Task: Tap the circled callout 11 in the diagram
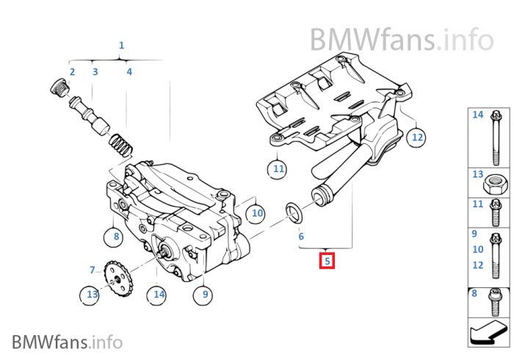coord(278,169)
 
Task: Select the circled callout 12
coord(437,136)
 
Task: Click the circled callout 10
coord(256,213)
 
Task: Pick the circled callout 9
coord(203,295)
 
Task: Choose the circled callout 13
coord(92,295)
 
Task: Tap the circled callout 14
coord(158,295)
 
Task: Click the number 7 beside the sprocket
coord(93,270)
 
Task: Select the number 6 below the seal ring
coord(300,237)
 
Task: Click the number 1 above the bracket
coord(121,46)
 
